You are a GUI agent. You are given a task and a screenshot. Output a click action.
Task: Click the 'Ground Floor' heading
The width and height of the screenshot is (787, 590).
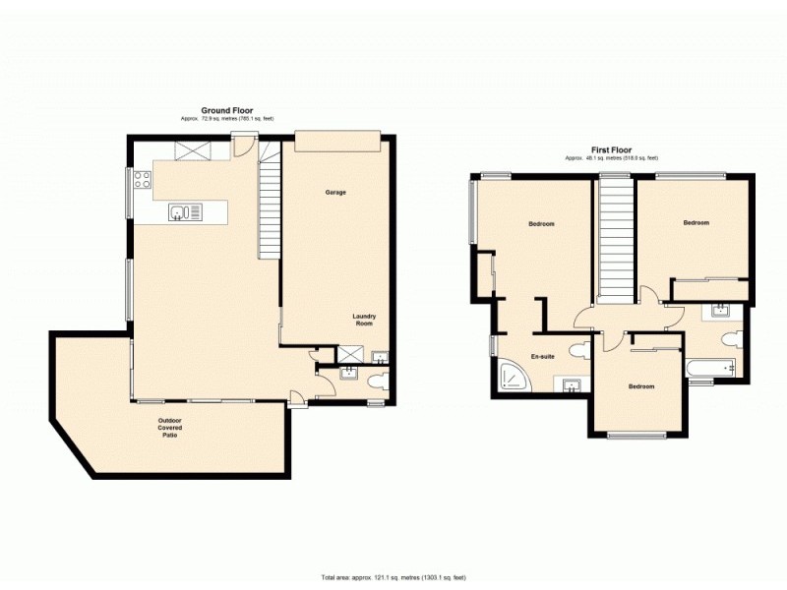pos(227,110)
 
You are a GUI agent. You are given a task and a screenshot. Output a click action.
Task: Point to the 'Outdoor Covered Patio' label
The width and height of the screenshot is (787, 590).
pos(170,428)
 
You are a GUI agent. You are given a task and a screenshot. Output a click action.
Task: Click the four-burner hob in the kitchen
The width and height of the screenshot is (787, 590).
pos(142,179)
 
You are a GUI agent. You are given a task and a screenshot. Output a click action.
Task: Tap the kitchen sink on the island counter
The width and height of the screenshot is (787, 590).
pos(184,210)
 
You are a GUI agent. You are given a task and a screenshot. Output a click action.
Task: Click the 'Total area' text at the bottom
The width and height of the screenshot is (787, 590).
pos(393,576)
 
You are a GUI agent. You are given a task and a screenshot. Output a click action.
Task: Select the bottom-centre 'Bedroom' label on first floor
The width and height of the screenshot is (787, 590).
pos(641,386)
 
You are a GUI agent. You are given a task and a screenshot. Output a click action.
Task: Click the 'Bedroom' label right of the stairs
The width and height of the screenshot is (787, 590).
pos(696,223)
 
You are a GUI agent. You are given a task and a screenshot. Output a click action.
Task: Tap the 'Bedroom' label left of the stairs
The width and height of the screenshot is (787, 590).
pos(541,224)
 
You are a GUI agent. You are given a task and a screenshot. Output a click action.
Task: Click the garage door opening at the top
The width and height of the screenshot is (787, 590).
pos(336,143)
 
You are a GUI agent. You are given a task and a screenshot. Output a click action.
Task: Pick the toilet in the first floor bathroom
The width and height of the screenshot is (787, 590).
pos(729,338)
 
